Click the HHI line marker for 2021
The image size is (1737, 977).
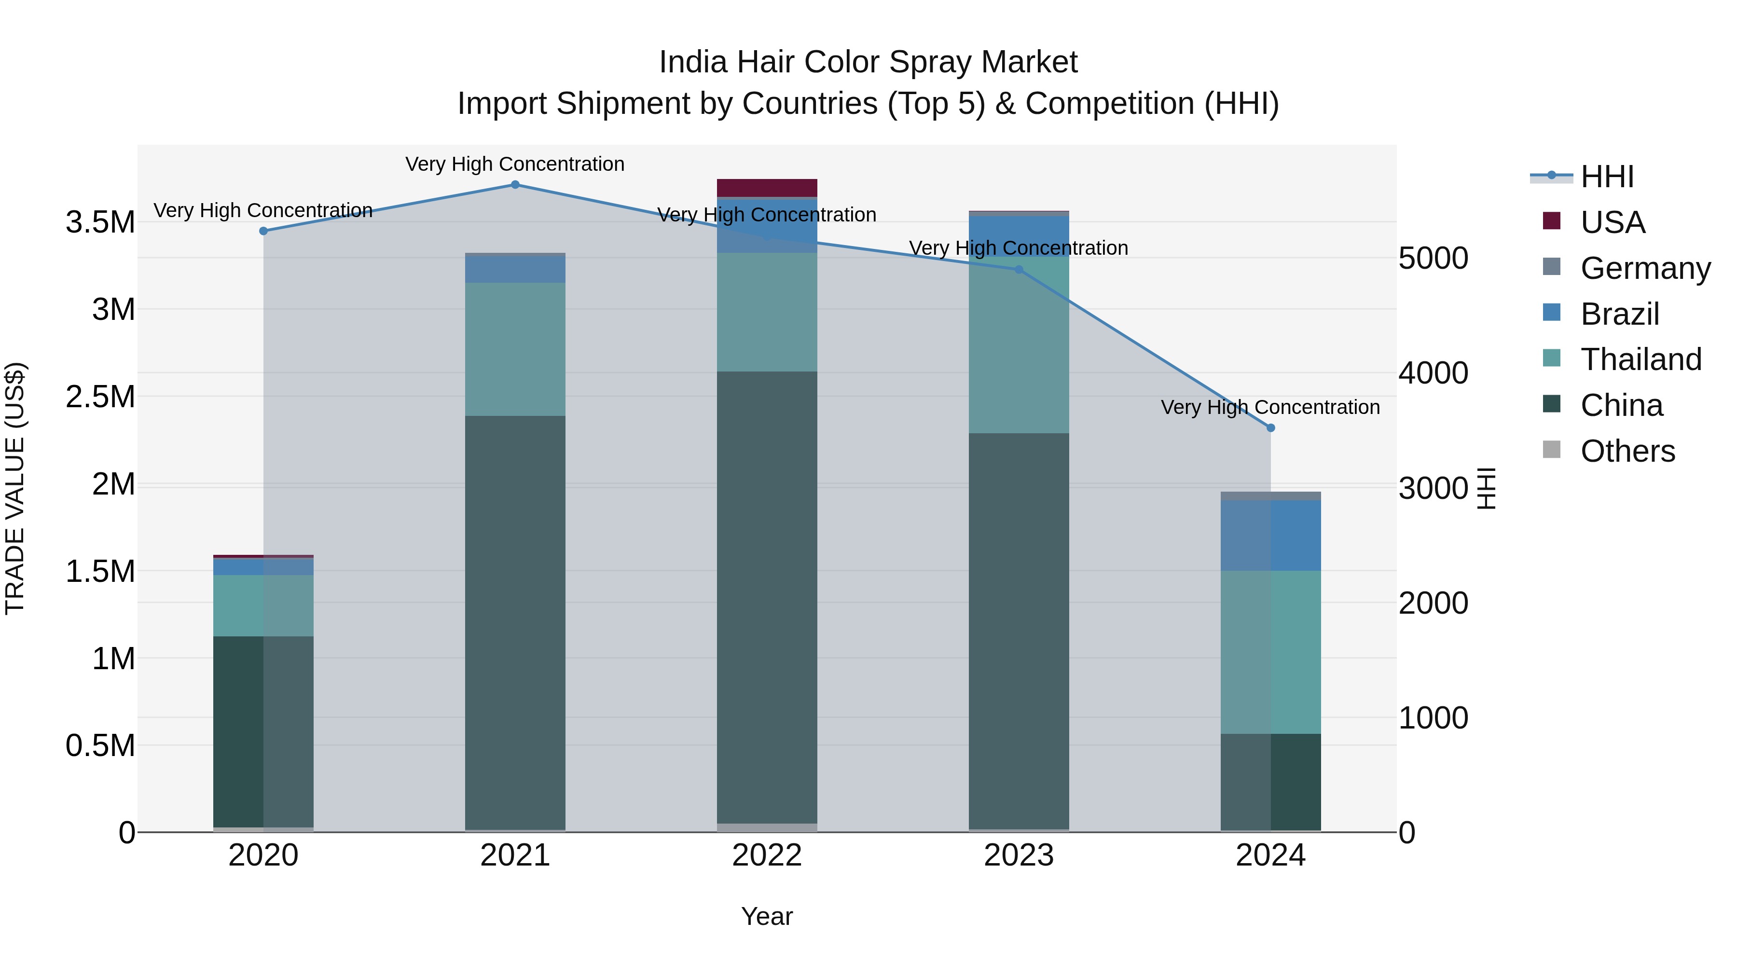click(x=515, y=185)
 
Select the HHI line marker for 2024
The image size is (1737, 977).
click(x=1270, y=428)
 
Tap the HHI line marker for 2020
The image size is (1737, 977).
click(x=263, y=231)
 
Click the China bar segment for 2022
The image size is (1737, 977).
click(x=767, y=597)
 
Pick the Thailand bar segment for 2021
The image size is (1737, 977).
click(x=515, y=349)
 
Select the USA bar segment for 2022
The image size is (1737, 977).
click(x=767, y=188)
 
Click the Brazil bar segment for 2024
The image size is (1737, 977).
click(x=1270, y=536)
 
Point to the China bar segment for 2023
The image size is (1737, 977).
click(x=1019, y=631)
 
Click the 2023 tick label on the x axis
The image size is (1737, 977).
click(x=1019, y=855)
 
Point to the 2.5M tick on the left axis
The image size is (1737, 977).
click(x=100, y=397)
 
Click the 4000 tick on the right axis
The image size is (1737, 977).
click(x=1434, y=373)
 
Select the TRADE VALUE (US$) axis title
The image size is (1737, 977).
click(x=15, y=488)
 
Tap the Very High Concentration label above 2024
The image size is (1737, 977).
click(x=1270, y=407)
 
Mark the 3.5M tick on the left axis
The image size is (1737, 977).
click(x=100, y=222)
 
